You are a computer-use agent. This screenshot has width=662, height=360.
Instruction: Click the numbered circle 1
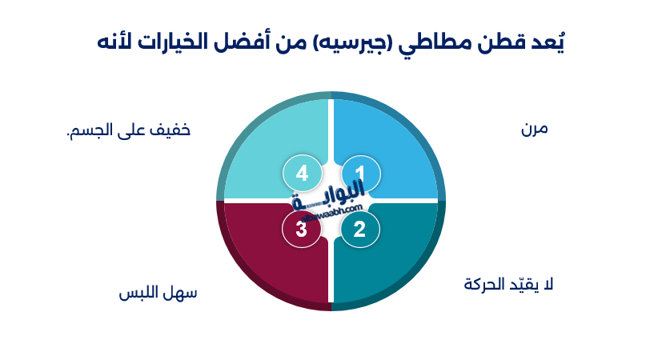[359, 173]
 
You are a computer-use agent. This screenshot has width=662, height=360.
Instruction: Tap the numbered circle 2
[359, 230]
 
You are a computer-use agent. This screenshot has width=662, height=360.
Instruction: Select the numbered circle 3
[302, 230]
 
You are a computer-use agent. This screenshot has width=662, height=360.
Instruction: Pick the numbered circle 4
[302, 173]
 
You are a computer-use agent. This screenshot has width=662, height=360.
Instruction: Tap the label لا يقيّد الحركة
[509, 284]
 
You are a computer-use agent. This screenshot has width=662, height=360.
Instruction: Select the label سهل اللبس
[158, 294]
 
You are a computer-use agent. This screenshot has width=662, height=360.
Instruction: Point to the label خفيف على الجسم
[129, 130]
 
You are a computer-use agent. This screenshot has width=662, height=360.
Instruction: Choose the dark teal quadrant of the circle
[392, 260]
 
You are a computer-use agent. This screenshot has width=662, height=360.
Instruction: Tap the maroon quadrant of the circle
[268, 260]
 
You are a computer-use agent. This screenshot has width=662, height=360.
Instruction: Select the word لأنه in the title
[114, 42]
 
